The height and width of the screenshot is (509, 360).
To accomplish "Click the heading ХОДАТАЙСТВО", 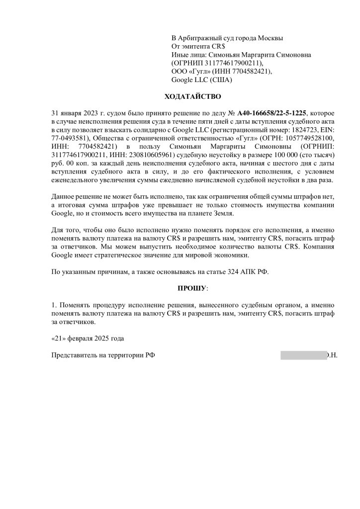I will click(x=192, y=96).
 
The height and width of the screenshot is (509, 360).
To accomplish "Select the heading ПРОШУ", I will click(x=192, y=288).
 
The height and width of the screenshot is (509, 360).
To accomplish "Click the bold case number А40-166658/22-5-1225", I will click(x=272, y=113).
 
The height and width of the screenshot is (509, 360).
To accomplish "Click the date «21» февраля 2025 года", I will click(x=87, y=339).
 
